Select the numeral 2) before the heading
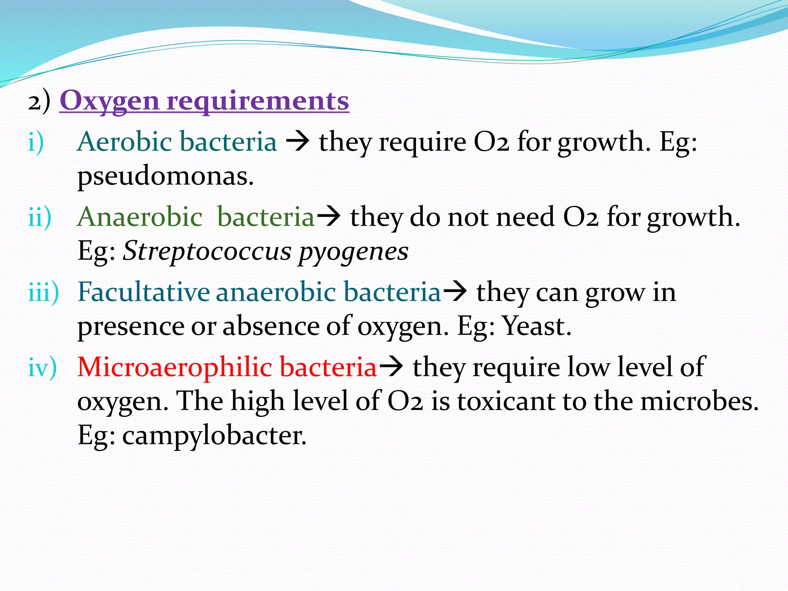[39, 102]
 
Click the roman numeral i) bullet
[36, 142]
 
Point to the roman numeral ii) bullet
[40, 217]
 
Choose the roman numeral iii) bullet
[43, 292]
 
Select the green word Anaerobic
[140, 217]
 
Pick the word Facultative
[144, 292]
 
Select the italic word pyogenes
[353, 252]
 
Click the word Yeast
[537, 326]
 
